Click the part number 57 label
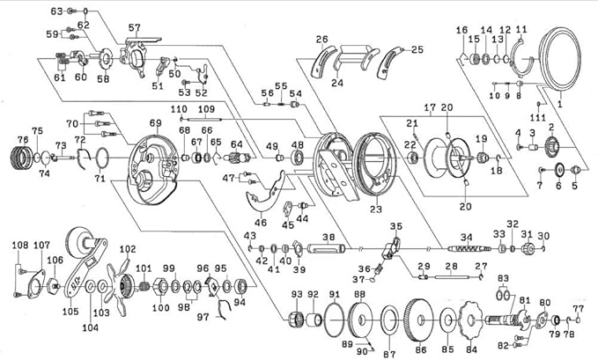point(134,27)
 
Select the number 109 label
point(207,109)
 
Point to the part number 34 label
point(467,238)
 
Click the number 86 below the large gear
point(421,349)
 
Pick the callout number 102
point(127,248)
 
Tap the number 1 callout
point(558,103)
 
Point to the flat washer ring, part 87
point(388,319)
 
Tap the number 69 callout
point(155,122)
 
